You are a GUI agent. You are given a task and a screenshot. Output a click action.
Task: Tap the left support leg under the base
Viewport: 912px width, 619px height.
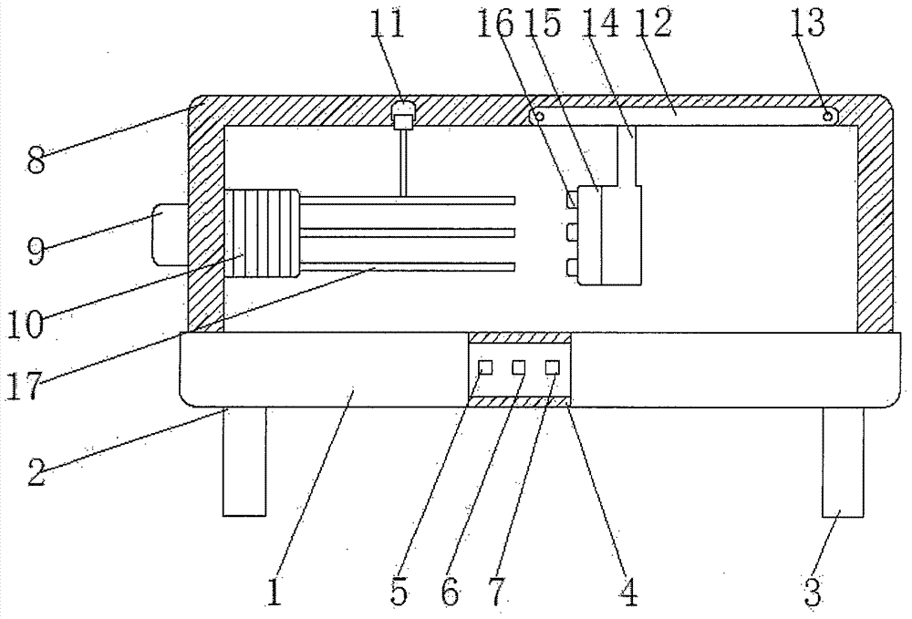pyautogui.click(x=244, y=460)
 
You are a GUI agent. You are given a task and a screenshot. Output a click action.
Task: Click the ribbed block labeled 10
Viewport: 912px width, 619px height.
pyautogui.click(x=260, y=232)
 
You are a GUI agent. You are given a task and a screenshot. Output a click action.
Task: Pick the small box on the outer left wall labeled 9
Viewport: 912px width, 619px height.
pyautogui.click(x=171, y=234)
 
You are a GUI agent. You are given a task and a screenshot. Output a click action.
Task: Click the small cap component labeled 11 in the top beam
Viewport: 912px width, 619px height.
pyautogui.click(x=403, y=114)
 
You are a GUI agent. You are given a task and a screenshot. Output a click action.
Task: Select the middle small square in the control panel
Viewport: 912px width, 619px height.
pyautogui.click(x=519, y=367)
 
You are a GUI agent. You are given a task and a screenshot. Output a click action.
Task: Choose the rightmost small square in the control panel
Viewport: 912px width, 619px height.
pyautogui.click(x=552, y=367)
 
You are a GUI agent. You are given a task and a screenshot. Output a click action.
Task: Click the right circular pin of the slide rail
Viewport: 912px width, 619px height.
pyautogui.click(x=828, y=116)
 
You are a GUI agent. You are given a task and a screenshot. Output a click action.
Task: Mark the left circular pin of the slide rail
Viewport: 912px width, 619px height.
pyautogui.click(x=540, y=116)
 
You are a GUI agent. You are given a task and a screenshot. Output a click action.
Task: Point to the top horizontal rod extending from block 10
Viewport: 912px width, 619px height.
pyautogui.click(x=408, y=199)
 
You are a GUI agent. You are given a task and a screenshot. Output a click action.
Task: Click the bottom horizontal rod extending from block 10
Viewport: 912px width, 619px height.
pyautogui.click(x=408, y=266)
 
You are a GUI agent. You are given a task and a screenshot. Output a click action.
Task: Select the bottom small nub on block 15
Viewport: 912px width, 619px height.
pyautogui.click(x=572, y=266)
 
